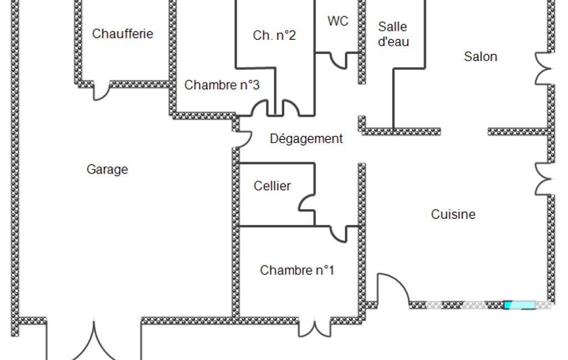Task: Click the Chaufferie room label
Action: (122, 34)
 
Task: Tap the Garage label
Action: (107, 169)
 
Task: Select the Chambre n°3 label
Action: (222, 85)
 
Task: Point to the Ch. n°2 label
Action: (274, 35)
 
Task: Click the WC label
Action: (338, 21)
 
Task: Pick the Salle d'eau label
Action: (393, 34)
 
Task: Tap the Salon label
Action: (480, 56)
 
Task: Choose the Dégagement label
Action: (306, 138)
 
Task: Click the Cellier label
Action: (272, 186)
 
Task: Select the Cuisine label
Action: (453, 214)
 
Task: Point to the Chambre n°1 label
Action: (297, 270)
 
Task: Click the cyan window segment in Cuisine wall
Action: (520, 305)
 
